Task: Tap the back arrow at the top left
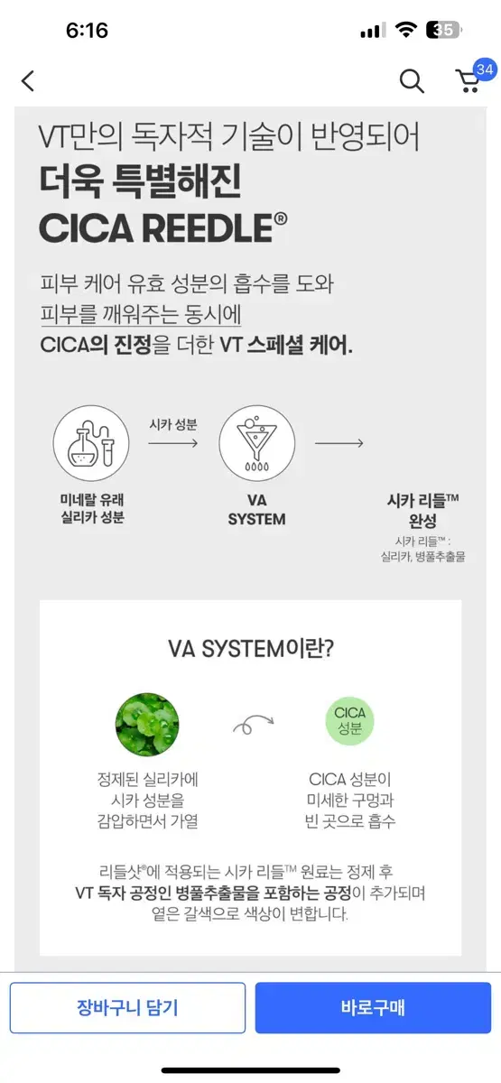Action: (28, 80)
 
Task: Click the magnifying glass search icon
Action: (412, 80)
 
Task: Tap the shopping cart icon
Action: (469, 81)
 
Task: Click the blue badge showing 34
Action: (485, 69)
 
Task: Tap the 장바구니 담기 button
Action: (127, 1007)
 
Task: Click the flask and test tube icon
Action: (91, 443)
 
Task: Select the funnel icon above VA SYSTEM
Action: (256, 443)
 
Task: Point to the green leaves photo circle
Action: (147, 724)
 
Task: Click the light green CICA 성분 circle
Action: (349, 721)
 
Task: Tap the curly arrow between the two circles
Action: (254, 723)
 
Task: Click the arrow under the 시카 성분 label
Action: (173, 443)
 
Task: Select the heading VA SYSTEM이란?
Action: (251, 648)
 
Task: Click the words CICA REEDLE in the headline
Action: (156, 228)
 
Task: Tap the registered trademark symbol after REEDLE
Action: (281, 219)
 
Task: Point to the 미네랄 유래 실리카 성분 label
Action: (92, 508)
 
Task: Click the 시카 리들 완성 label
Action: (422, 511)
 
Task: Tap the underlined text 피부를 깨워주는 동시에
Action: (141, 314)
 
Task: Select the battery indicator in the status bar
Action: (444, 30)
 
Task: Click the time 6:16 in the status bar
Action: (87, 31)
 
